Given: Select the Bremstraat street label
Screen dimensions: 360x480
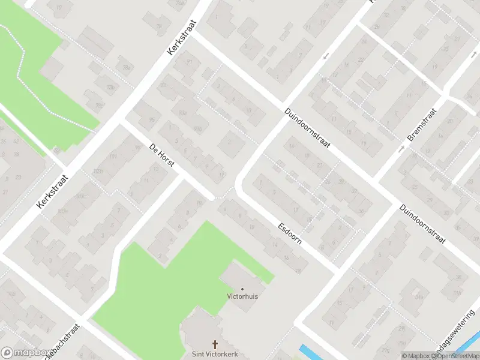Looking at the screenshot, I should coord(422,124).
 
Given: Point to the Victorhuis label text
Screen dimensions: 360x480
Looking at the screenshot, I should coord(242,296).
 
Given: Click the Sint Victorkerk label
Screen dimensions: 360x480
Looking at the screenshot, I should coord(214,353).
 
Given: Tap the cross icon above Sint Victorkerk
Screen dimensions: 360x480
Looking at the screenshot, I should coord(214,344).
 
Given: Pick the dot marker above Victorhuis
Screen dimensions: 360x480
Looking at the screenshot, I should coord(242,289).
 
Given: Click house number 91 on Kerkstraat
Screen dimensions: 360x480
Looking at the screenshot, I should coord(190,61).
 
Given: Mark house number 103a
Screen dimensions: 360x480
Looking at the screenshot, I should coord(98,171).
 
